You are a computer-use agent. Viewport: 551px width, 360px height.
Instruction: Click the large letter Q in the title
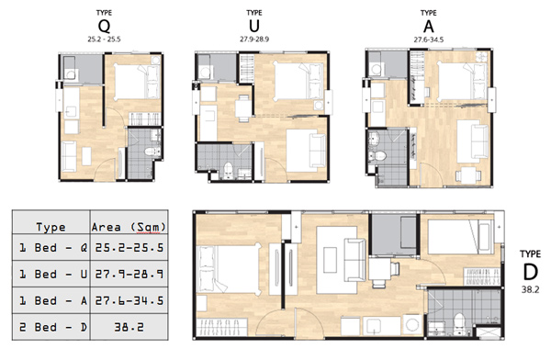click(x=104, y=27)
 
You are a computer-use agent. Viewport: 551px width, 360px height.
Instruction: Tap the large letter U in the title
click(x=254, y=27)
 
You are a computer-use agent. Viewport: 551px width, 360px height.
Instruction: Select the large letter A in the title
click(x=428, y=27)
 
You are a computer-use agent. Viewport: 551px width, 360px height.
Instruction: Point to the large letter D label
click(x=530, y=272)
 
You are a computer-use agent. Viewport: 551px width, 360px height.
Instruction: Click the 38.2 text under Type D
click(x=530, y=290)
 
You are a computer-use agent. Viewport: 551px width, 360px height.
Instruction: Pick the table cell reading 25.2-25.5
click(x=129, y=248)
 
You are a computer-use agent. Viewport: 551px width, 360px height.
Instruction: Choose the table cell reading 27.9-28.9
click(x=129, y=274)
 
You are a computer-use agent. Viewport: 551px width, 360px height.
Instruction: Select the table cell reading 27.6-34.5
click(x=129, y=300)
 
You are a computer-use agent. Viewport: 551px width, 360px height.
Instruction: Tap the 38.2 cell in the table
click(x=129, y=327)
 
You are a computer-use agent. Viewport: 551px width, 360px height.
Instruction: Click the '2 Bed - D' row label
click(x=52, y=327)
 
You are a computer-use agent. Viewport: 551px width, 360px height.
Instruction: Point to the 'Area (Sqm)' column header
click(x=129, y=227)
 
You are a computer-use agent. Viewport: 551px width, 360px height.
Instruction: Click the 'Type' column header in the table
click(x=51, y=228)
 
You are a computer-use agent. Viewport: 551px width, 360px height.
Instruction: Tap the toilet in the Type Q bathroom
click(x=152, y=152)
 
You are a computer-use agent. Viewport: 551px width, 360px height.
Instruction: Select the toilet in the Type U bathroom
click(x=228, y=170)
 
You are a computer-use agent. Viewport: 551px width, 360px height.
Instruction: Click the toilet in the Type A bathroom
click(x=378, y=155)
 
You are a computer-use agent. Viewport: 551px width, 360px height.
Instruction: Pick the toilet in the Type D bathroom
click(x=458, y=323)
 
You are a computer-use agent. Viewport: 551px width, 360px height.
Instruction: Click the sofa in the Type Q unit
click(x=69, y=156)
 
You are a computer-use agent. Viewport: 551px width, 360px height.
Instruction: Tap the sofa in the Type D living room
click(x=355, y=260)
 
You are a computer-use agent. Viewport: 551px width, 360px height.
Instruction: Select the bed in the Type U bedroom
click(x=298, y=81)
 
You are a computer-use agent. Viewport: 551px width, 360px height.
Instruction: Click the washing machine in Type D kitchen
click(x=412, y=324)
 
